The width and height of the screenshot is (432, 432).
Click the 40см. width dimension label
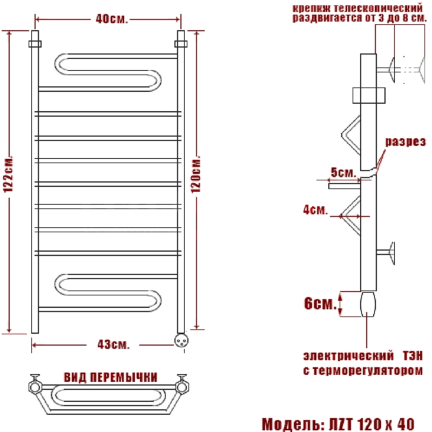[x=112, y=19]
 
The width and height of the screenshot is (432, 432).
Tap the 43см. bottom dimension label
[x=113, y=345]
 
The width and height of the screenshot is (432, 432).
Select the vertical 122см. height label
[x=8, y=175]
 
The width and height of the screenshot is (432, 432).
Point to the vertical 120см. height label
[x=196, y=175]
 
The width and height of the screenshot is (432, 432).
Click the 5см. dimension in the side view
[x=343, y=172]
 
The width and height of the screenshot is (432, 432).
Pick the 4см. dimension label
[x=315, y=210]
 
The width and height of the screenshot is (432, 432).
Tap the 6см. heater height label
[x=320, y=303]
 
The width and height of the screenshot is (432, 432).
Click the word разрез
[x=406, y=141]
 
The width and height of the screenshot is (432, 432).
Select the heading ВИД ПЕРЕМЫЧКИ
[x=111, y=377]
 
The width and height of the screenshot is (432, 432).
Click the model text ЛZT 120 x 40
[x=372, y=424]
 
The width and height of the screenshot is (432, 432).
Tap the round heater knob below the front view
[x=181, y=341]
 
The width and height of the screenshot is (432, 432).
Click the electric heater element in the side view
[x=368, y=304]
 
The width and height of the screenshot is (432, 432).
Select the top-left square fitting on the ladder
[x=35, y=44]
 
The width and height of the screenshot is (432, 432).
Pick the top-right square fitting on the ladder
[x=181, y=44]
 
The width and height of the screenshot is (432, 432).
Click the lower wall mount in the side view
[x=386, y=253]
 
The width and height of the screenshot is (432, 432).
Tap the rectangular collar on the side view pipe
[x=369, y=96]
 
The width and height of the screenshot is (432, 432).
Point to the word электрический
[x=348, y=356]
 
